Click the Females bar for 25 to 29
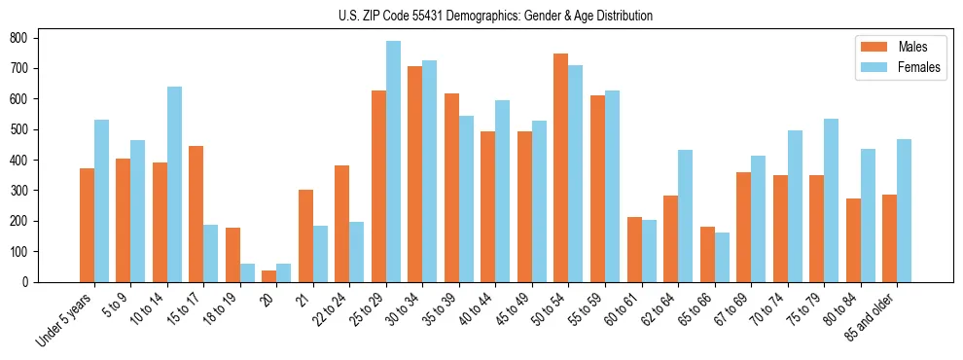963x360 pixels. coord(393,162)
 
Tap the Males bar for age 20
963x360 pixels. coord(268,276)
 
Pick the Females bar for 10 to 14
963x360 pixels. coord(174,184)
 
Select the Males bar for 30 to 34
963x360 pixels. coord(415,174)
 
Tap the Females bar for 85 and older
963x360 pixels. coord(904,210)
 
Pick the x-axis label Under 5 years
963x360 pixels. coord(65,318)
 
